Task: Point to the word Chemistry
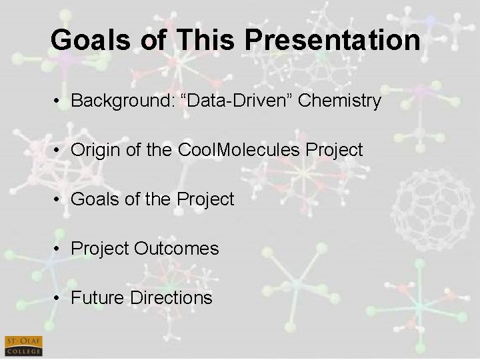[340, 101]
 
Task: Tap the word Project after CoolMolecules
[337, 150]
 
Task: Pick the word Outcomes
[176, 248]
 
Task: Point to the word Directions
[172, 297]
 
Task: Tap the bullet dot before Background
[59, 102]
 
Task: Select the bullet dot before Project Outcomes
[59, 249]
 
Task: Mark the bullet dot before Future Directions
[59, 298]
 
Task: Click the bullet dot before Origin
[59, 151]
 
